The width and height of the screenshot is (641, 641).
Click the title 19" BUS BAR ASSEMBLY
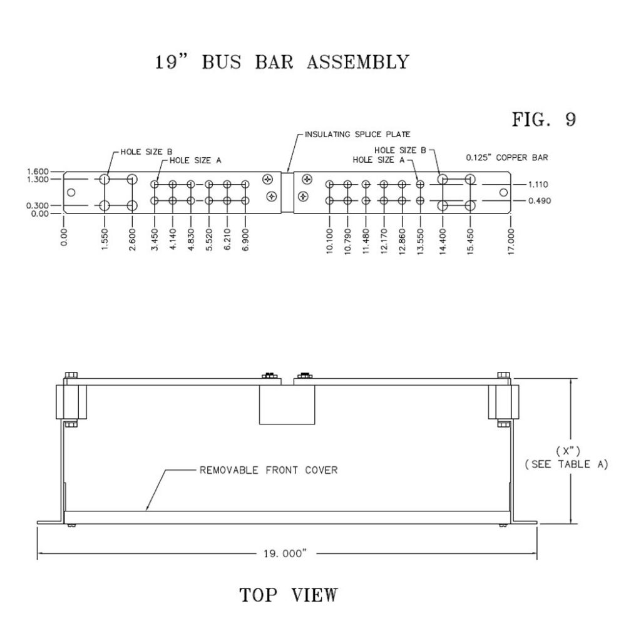pyautogui.click(x=282, y=63)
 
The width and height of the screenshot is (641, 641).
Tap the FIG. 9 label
pyautogui.click(x=543, y=120)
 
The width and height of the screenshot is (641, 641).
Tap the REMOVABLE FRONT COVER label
pyautogui.click(x=269, y=470)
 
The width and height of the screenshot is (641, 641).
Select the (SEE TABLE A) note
pyautogui.click(x=567, y=464)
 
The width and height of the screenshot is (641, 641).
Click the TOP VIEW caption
pyautogui.click(x=289, y=595)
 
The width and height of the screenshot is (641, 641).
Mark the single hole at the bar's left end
pyautogui.click(x=71, y=192)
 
